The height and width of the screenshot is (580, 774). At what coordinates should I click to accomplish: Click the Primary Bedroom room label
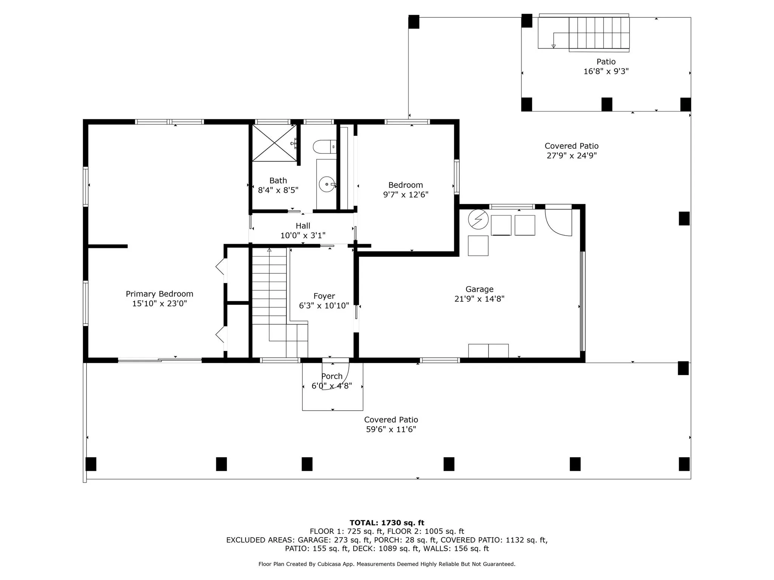159,294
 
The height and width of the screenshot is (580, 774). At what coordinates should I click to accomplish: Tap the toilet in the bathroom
325,147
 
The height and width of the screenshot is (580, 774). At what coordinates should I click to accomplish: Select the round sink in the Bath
327,184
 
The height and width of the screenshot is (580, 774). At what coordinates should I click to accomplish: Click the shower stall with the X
274,143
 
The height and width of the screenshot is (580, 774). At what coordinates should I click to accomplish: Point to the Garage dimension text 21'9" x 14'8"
479,299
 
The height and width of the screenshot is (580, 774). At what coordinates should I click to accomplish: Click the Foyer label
324,296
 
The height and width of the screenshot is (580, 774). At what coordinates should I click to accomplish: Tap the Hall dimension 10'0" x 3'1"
303,236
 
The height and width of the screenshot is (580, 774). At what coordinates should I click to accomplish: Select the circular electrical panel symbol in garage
478,219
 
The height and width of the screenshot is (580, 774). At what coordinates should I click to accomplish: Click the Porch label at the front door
332,376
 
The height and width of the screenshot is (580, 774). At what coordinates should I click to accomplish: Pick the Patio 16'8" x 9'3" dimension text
606,71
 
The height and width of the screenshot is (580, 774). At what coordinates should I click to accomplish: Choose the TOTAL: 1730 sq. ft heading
387,523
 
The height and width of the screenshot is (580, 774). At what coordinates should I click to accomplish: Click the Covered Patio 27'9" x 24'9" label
571,151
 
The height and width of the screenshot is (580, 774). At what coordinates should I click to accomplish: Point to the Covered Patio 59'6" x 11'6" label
391,424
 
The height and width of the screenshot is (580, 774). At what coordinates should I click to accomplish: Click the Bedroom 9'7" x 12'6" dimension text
406,195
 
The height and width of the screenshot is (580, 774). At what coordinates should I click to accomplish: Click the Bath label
278,180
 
